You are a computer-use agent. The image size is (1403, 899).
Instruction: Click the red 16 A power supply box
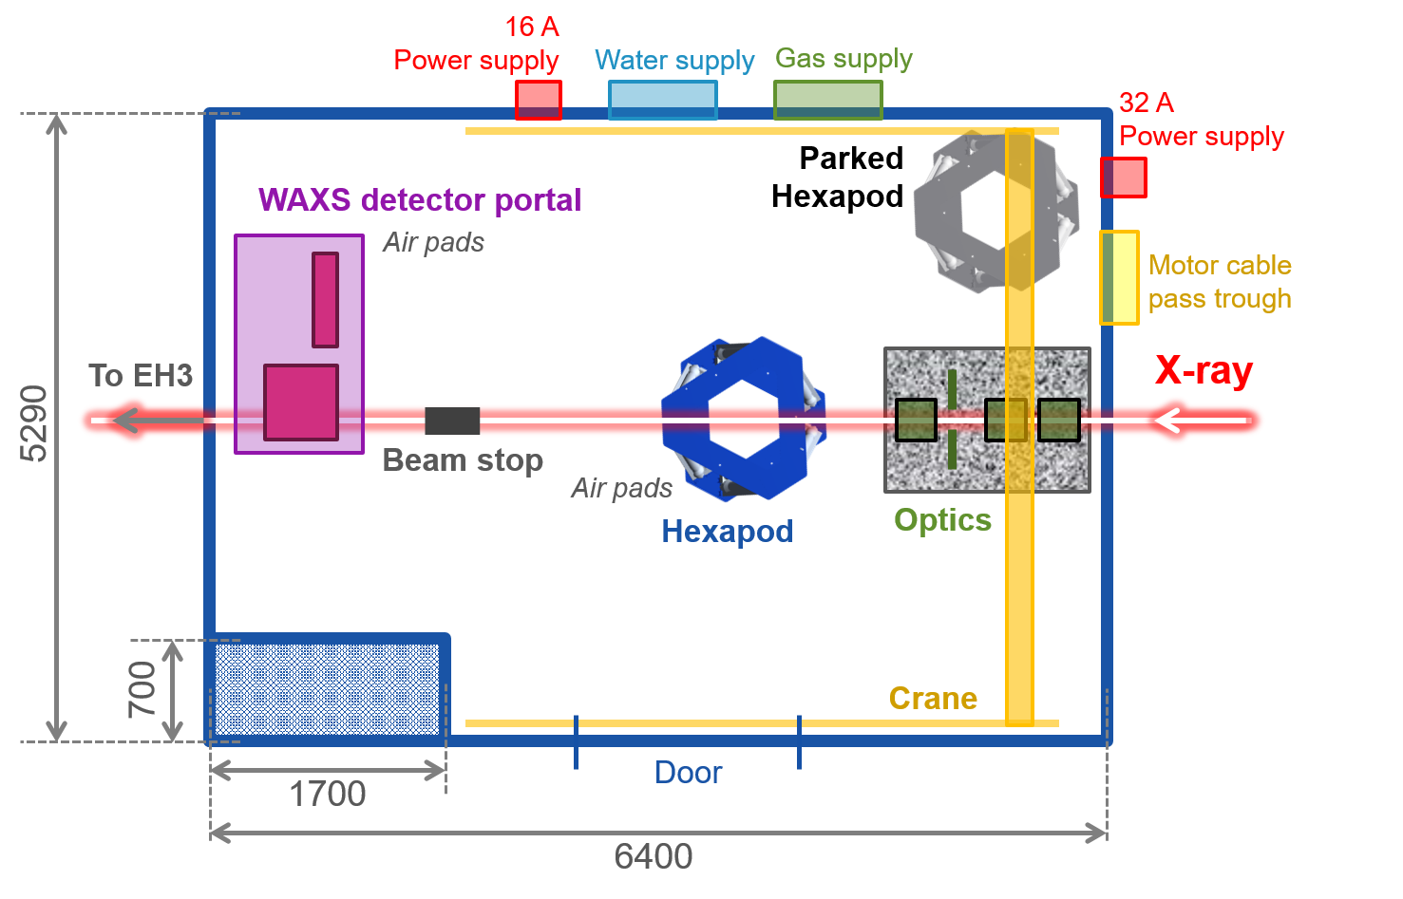point(538,100)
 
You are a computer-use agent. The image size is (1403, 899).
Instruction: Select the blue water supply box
point(662,100)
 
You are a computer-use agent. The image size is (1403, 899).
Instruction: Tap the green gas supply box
point(827,100)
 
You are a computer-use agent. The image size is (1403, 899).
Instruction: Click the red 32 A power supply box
point(1124,178)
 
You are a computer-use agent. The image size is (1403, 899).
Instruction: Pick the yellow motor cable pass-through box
point(1120,277)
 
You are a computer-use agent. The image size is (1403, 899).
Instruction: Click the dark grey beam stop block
point(452,421)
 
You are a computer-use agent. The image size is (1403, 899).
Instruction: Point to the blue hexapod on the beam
point(744,418)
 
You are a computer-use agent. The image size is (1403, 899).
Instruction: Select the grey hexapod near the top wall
point(995,211)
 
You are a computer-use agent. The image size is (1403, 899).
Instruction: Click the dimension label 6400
point(654,857)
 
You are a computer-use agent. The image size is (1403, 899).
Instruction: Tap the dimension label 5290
point(35,423)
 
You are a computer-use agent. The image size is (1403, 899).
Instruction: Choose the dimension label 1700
point(327,795)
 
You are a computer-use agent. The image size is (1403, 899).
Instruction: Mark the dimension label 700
point(142,689)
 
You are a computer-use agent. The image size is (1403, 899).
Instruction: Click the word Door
point(688,773)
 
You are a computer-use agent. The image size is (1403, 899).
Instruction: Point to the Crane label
point(933,699)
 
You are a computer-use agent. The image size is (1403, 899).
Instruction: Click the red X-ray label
point(1204,370)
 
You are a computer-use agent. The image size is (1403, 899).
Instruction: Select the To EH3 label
point(141,376)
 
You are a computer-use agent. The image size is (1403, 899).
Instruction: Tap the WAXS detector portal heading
point(420,200)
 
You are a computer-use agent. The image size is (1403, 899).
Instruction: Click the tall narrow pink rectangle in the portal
point(326,299)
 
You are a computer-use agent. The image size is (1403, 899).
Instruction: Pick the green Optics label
point(942,520)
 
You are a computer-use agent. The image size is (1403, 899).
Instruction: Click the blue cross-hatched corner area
point(327,689)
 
